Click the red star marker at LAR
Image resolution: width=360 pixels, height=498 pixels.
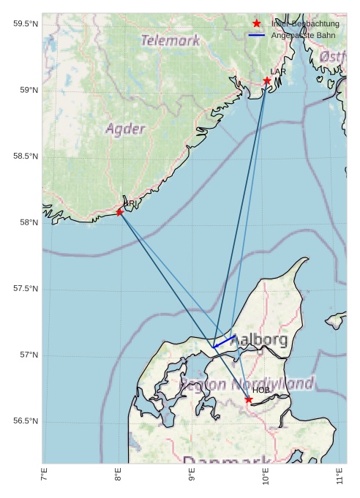[267, 80]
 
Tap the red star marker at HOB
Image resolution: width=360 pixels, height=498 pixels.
[249, 399]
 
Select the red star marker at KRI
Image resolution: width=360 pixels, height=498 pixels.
[120, 212]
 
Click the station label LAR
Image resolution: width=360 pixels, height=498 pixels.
[278, 72]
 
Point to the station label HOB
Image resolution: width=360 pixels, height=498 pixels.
[261, 391]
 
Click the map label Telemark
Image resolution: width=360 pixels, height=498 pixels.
[170, 41]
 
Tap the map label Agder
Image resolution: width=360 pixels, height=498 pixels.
[125, 129]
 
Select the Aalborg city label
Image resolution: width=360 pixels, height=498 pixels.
[258, 340]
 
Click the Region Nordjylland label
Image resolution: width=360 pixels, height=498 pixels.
[247, 384]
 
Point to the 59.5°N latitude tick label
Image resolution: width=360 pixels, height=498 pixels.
[26, 24]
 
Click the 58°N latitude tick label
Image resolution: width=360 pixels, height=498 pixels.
[29, 223]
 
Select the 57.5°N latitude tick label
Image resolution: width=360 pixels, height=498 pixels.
[26, 289]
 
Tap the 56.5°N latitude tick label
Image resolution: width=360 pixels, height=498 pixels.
[26, 421]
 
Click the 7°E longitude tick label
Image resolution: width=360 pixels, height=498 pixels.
[44, 479]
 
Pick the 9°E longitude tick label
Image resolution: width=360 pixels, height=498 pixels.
[192, 479]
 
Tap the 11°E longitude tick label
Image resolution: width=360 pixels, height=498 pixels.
[340, 479]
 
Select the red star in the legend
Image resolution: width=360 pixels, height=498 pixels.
[256, 23]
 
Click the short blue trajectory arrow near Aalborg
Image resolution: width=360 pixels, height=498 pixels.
[224, 342]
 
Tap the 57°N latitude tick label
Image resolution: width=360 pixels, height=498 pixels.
[29, 355]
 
